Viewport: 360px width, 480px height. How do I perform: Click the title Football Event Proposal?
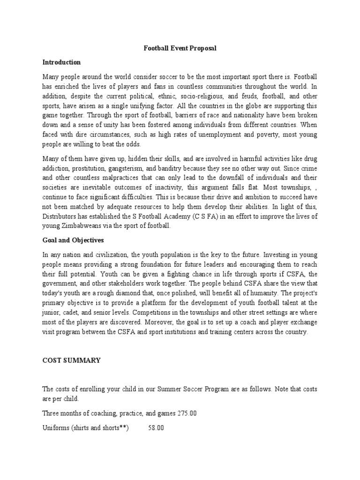[x=180, y=48]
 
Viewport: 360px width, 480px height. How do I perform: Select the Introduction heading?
[x=61, y=62]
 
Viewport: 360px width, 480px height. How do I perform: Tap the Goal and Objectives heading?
[x=71, y=240]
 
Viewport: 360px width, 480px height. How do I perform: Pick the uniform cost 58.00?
[x=156, y=428]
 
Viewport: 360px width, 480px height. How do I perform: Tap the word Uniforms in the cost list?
[x=56, y=428]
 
